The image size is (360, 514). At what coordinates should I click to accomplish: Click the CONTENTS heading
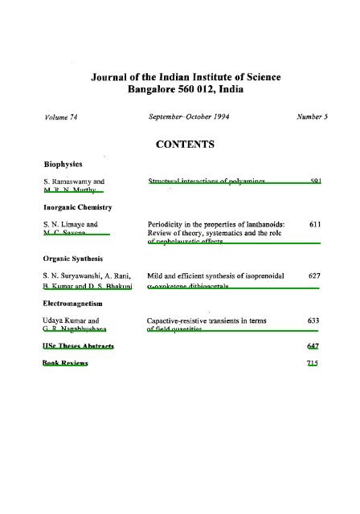pyautogui.click(x=179, y=145)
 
